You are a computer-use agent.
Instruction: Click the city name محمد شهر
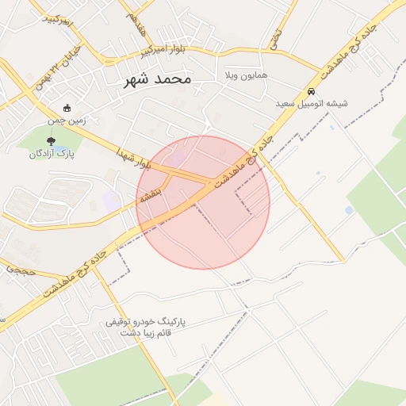(158, 79)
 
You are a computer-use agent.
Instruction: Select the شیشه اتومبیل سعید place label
(312, 103)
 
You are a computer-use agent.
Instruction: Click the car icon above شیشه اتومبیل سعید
(312, 91)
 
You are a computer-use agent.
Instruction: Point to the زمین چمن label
(68, 121)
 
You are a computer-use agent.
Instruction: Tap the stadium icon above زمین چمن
(67, 109)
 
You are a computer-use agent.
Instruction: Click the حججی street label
(17, 270)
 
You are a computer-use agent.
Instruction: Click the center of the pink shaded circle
(203, 202)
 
